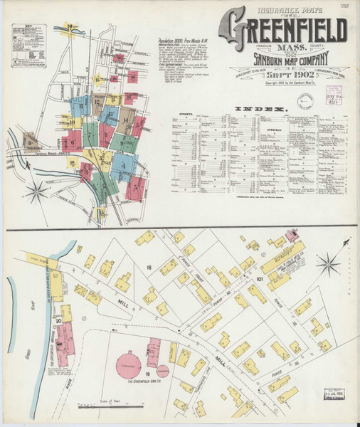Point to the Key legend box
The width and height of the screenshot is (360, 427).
[x=28, y=45]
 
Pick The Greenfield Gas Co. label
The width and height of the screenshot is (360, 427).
[x=132, y=385]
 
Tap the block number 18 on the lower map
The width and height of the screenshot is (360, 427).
[x=149, y=267]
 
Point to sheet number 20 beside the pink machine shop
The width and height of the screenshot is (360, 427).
[x=60, y=322]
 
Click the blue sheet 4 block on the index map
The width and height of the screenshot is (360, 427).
[x=123, y=167]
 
